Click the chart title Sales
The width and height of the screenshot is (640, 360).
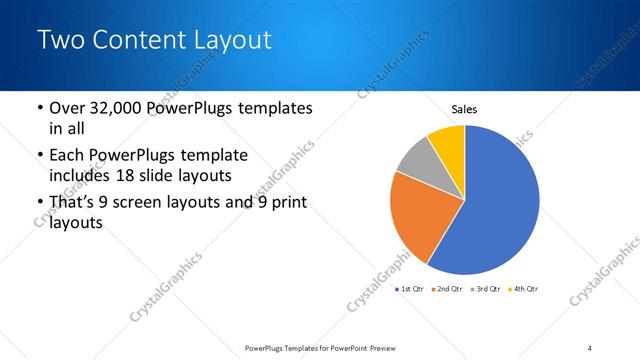tap(465, 109)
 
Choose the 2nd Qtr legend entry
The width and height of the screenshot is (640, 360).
tap(446, 289)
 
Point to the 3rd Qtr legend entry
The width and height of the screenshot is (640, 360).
tap(485, 289)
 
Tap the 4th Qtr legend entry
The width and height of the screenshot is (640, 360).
tap(524, 289)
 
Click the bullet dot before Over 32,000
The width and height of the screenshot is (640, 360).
tap(38, 108)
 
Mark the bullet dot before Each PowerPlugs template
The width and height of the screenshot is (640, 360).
tap(38, 156)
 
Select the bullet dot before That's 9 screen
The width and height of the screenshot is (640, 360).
tap(38, 203)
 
